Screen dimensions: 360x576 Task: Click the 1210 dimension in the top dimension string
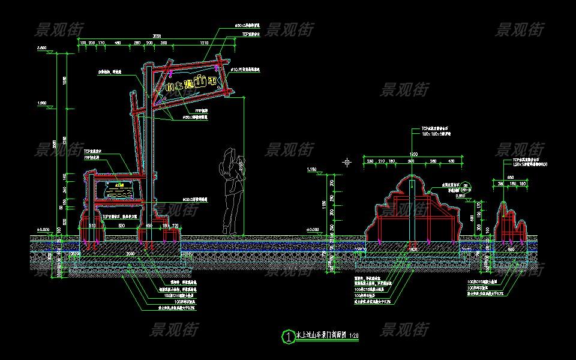pyautogui.click(x=204, y=43)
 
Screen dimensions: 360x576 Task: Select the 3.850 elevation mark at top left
pyautogui.click(x=42, y=47)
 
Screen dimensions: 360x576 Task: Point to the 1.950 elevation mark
pyautogui.click(x=42, y=103)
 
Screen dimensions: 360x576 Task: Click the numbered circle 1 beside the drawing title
pyautogui.click(x=289, y=337)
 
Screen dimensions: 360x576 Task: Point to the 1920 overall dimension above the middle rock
pyautogui.click(x=412, y=155)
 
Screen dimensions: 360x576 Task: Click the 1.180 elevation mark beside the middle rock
pyautogui.click(x=311, y=171)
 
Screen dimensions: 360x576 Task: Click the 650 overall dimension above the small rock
pyautogui.click(x=510, y=177)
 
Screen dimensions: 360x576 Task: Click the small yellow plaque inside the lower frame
pyautogui.click(x=119, y=187)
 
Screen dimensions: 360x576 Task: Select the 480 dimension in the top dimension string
pyautogui.click(x=118, y=43)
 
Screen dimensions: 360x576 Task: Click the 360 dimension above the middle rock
pyautogui.click(x=412, y=161)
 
